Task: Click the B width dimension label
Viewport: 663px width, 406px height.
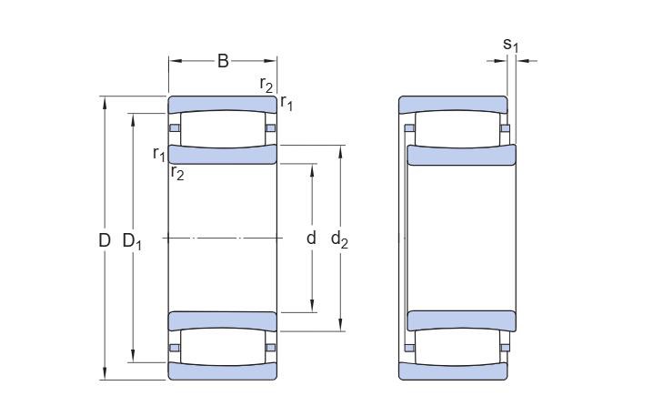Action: tap(223, 61)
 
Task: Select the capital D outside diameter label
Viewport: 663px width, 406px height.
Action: tap(104, 240)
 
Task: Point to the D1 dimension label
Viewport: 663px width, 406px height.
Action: tap(133, 241)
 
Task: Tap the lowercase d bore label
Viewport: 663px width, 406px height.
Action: tap(311, 239)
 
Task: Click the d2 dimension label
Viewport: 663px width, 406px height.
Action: tap(339, 239)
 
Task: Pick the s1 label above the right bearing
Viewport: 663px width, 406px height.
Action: tap(511, 44)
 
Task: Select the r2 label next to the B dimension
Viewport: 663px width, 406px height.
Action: tap(266, 85)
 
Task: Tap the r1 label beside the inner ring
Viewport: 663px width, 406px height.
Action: tap(159, 152)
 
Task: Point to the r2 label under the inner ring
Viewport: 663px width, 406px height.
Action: tap(177, 173)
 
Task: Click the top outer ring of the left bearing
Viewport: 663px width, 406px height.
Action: tap(223, 104)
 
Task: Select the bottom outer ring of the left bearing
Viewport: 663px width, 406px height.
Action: tap(223, 370)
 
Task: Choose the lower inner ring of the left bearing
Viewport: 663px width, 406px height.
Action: tap(223, 320)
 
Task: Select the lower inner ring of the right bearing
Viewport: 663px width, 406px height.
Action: tap(462, 320)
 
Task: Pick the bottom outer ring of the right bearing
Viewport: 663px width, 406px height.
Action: tap(453, 370)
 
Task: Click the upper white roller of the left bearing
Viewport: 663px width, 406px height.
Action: tap(223, 127)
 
